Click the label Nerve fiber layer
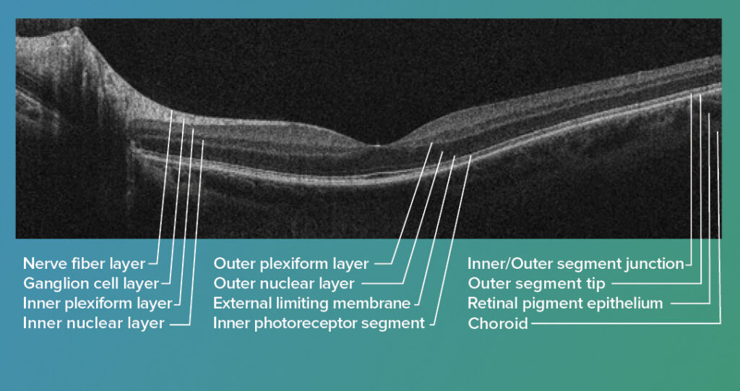84,264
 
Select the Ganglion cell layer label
91,284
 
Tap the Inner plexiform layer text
98,304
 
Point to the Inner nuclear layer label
94,324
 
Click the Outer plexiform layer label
291,264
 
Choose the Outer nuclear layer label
283,284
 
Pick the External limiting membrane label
312,304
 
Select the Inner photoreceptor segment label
319,324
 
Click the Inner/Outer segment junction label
576,264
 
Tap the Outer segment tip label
536,284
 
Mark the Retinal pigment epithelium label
565,304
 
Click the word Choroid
497,324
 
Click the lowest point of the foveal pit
377,145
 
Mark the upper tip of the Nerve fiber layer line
172,111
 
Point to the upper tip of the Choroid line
718,132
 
